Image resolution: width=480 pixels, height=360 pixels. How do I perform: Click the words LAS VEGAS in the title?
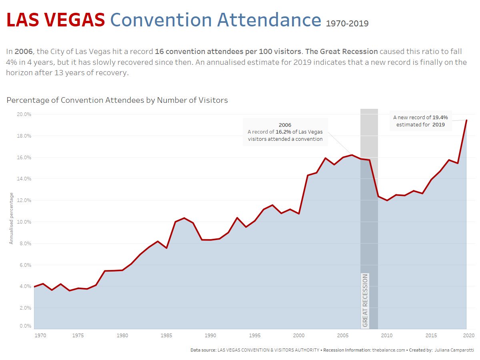(56, 20)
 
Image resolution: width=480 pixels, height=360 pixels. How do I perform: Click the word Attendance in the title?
(269, 20)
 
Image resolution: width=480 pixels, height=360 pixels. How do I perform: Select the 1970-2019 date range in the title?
(347, 24)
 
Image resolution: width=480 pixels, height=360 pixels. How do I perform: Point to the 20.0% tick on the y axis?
(24, 114)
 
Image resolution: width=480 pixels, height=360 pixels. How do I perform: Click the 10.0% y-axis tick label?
(24, 222)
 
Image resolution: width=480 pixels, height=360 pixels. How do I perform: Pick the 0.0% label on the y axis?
(25, 326)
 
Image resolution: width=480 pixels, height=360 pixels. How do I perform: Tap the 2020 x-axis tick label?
(469, 335)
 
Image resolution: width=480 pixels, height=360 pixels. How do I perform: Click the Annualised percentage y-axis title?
(12, 218)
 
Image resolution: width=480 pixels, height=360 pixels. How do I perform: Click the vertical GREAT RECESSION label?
(365, 300)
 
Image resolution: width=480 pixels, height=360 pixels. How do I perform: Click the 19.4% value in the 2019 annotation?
(440, 118)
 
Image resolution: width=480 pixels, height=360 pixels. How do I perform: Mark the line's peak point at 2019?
(466, 120)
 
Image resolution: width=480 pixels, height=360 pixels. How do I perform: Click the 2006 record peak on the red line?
(352, 155)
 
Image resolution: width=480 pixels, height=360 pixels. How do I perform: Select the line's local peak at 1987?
(184, 218)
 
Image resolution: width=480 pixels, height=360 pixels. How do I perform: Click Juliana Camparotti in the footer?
(454, 350)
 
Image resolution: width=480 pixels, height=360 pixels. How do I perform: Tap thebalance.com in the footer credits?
(388, 350)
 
